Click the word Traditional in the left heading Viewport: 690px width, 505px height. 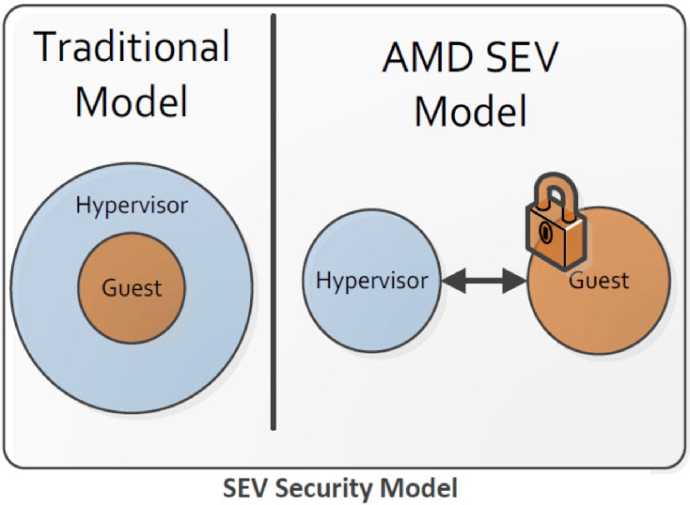(132, 47)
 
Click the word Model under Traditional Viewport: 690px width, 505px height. (132, 101)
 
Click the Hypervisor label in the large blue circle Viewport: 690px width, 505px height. (132, 206)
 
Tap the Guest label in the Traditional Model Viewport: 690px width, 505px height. (132, 288)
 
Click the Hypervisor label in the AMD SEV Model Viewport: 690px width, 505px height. (372, 281)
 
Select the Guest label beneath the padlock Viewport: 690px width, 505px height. (599, 281)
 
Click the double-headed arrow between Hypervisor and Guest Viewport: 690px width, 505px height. (484, 281)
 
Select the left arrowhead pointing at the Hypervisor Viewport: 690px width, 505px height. (454, 281)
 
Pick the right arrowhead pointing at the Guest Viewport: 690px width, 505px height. (514, 281)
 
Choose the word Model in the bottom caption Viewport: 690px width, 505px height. (419, 488)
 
